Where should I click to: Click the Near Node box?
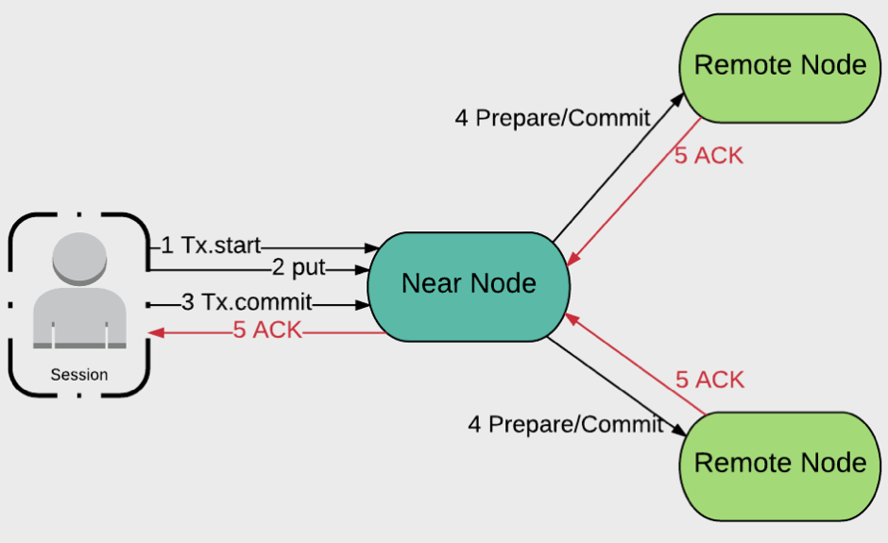point(469,282)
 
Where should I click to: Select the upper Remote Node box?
point(779,65)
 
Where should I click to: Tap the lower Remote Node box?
point(779,463)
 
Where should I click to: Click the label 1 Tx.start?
point(211,246)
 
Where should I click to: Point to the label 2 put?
point(298,268)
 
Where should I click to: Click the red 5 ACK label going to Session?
point(267,331)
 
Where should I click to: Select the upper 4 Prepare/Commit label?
point(553,118)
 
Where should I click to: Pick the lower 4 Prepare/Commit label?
point(566,424)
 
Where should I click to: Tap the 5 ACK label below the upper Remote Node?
point(709,156)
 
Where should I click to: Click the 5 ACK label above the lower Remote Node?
point(709,380)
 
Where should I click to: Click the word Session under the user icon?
point(79,375)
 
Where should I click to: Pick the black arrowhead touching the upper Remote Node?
point(680,97)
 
